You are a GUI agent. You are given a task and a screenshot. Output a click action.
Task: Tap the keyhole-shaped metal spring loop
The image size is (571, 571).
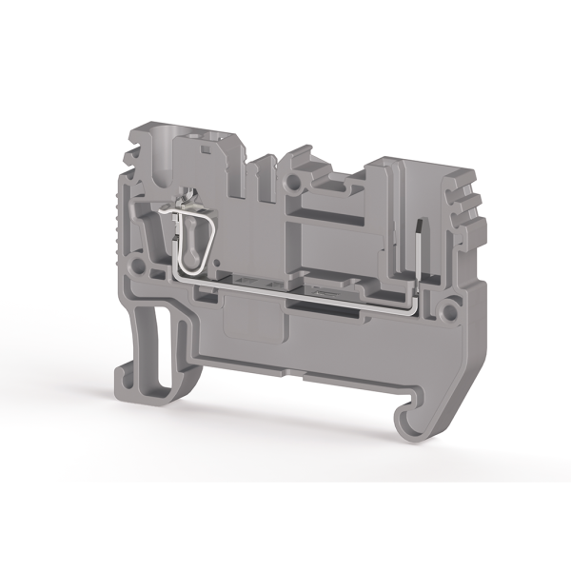(188, 247)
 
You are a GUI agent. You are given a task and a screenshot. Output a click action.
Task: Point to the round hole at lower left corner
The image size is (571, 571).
(140, 260)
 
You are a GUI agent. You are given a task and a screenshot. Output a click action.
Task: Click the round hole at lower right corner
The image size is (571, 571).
(444, 309)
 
